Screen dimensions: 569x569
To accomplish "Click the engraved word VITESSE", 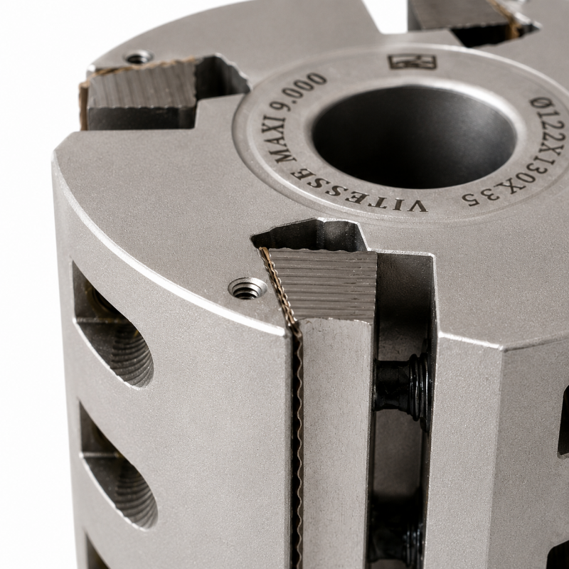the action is point(356,191).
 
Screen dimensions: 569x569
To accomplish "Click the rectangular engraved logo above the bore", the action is point(413,62).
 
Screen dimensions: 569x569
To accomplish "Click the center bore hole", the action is point(414,136).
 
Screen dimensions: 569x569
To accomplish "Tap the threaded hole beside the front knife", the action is point(245,289).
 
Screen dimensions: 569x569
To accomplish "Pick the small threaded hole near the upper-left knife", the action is point(139,57).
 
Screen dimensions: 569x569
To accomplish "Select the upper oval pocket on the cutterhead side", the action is point(112,325).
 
